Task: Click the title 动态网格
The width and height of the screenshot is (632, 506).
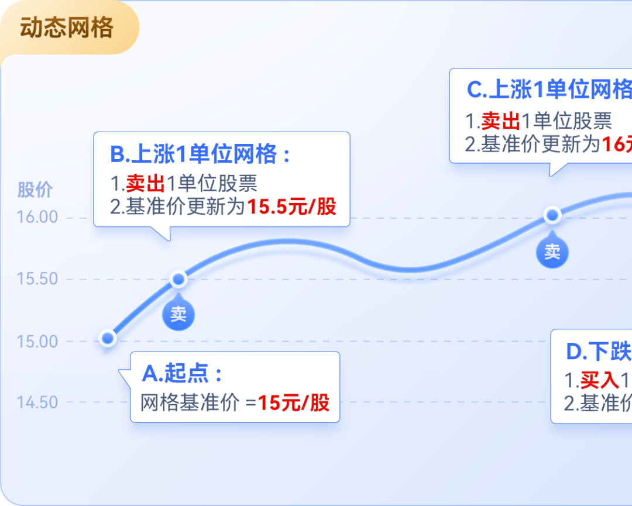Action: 66,28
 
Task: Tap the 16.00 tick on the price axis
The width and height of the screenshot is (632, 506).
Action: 37,217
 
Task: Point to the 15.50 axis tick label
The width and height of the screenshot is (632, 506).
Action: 37,279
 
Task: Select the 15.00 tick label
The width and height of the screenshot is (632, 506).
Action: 37,341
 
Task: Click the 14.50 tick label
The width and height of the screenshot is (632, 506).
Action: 37,402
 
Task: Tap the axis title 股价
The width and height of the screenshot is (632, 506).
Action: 35,190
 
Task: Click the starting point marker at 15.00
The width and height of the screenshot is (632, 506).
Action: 108,338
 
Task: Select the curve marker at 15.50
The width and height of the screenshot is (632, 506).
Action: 178,279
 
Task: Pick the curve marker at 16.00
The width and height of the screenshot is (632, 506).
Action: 552,215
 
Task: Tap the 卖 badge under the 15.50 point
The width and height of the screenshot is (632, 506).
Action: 178,315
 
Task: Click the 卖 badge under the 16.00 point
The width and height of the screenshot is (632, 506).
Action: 552,252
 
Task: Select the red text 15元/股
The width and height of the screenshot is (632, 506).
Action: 294,402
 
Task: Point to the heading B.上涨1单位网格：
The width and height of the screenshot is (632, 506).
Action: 200,154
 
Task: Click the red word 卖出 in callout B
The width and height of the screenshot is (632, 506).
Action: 145,184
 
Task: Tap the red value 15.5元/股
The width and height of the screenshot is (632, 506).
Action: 292,206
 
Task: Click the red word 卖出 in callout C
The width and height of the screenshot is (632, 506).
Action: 501,121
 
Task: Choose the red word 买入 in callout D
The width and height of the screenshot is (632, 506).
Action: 600,380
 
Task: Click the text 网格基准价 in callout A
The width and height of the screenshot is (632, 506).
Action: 190,402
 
